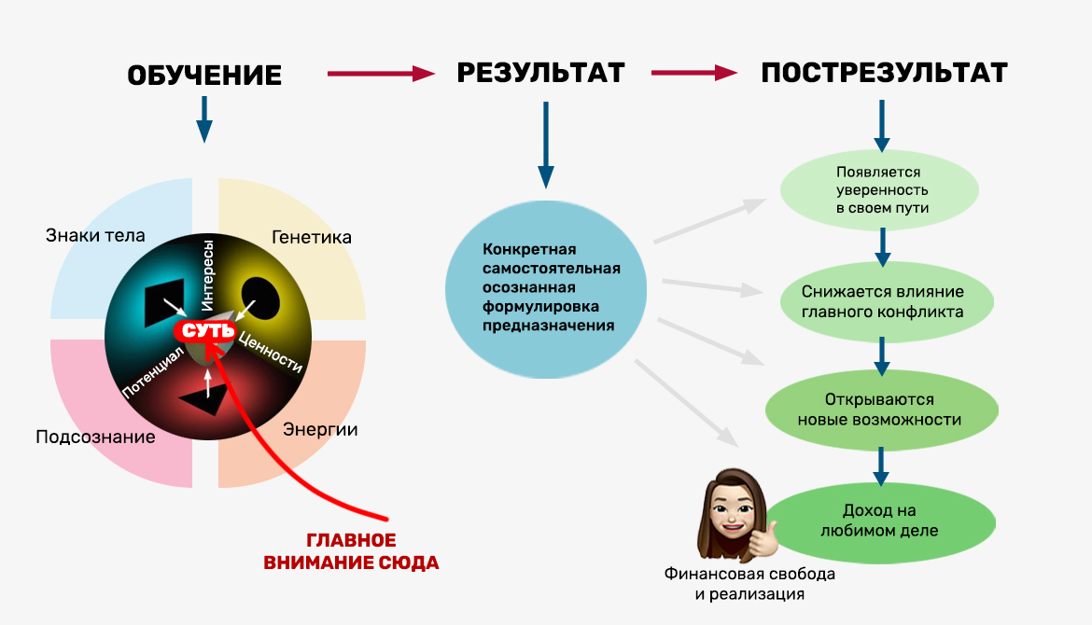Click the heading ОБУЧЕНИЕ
pyautogui.click(x=204, y=76)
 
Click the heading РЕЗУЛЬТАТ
pyautogui.click(x=540, y=74)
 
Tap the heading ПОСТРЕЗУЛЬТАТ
pyautogui.click(x=884, y=74)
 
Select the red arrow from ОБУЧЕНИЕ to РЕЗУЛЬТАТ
pyautogui.click(x=381, y=73)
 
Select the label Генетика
pyautogui.click(x=312, y=237)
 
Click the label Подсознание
pyautogui.click(x=95, y=437)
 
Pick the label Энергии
pyautogui.click(x=320, y=430)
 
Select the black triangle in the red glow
pyautogui.click(x=203, y=398)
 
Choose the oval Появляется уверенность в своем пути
pyautogui.click(x=879, y=190)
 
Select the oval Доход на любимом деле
pyautogui.click(x=879, y=521)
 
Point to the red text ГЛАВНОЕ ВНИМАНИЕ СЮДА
pyautogui.click(x=351, y=551)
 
